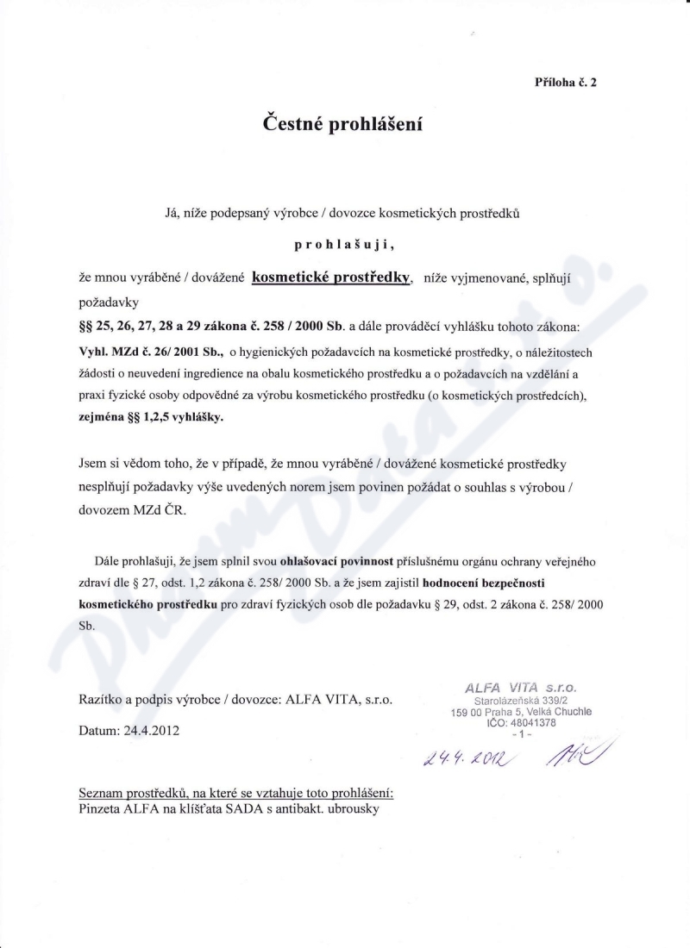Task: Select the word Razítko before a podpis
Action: [x=101, y=701]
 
